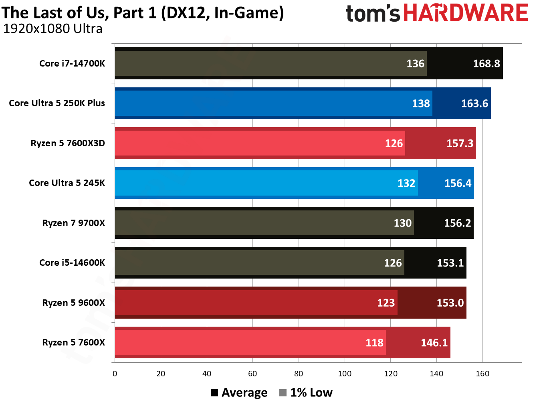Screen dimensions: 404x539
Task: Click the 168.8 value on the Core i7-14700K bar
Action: [486, 64]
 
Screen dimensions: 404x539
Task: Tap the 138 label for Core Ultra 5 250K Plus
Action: [421, 103]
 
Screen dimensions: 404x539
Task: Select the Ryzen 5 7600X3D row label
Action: [68, 143]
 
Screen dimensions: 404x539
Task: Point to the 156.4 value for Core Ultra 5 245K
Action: [458, 183]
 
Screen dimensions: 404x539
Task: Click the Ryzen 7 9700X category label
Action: [73, 223]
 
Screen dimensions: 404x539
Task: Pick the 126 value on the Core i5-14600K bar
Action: [393, 263]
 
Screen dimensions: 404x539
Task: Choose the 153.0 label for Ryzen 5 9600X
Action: [450, 303]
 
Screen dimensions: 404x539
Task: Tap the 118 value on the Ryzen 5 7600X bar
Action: [374, 343]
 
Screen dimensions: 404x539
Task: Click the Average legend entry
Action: [239, 393]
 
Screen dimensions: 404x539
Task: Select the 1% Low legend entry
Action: [306, 393]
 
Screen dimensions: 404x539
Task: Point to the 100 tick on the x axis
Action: [345, 374]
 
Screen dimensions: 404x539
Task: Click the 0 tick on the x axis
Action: [115, 374]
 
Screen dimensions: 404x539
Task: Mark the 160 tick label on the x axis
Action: [482, 374]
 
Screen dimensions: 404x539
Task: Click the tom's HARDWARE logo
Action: [437, 13]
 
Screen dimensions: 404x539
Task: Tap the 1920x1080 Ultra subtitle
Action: [52, 29]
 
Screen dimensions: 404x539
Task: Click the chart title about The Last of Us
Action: [142, 13]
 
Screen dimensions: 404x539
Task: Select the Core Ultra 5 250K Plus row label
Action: [57, 103]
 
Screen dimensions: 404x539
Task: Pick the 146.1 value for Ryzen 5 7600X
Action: [434, 343]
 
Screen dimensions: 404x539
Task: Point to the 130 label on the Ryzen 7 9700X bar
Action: [402, 223]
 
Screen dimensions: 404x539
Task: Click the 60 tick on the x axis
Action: [252, 374]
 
